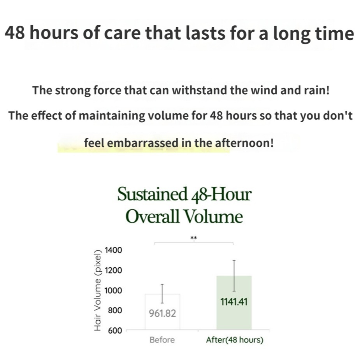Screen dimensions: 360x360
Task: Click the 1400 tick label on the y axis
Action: (x=113, y=250)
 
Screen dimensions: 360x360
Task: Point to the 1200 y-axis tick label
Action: (x=113, y=270)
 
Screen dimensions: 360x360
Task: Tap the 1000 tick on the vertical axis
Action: (x=113, y=290)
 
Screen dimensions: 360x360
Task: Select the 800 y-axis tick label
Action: (x=115, y=311)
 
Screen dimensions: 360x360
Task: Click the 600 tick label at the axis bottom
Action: (x=115, y=330)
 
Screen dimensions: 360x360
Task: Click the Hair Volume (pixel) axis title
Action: (x=98, y=290)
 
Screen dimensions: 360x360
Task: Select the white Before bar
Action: (x=163, y=312)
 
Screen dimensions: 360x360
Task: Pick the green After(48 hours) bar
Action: (x=234, y=303)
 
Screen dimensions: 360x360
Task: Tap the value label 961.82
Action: (x=162, y=313)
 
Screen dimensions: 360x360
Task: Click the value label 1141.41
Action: (x=234, y=302)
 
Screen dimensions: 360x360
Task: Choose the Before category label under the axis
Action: (x=162, y=340)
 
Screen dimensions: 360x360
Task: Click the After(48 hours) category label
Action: (x=235, y=340)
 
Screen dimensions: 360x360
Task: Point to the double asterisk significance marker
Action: (x=194, y=238)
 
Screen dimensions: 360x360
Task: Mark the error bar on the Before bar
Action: (x=162, y=294)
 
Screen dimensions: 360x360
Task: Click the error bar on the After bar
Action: (x=234, y=276)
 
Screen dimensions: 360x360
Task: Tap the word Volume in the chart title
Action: (x=214, y=216)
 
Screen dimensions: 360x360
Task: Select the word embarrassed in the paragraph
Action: (x=143, y=143)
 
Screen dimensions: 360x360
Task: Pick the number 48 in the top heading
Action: (x=14, y=33)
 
